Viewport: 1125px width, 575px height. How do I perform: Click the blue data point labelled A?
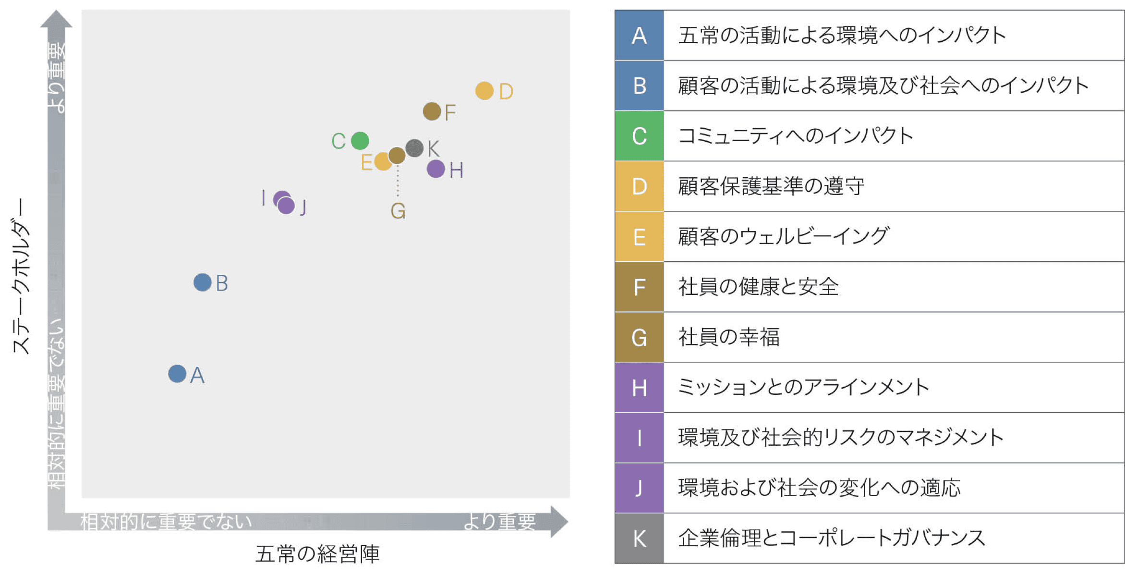coord(177,374)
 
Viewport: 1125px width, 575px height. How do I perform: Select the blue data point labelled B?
coord(203,282)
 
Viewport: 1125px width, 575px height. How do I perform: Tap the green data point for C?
coord(360,141)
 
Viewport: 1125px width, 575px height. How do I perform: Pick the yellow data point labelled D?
coord(484,90)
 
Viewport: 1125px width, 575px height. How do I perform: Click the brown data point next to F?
coord(432,111)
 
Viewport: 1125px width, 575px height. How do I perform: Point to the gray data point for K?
coord(414,148)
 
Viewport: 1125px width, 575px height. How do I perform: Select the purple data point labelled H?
coord(436,169)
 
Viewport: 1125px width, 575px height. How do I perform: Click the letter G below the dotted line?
coord(398,211)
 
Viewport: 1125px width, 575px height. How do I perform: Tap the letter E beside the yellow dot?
coord(366,162)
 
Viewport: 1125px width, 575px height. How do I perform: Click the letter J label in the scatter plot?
coord(303,207)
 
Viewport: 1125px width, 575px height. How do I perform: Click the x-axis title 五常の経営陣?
coord(317,554)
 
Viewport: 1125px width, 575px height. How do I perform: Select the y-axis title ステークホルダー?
coord(21,276)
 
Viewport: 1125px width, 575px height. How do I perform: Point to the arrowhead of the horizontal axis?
coord(559,522)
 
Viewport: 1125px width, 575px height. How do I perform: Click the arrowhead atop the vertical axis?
coord(56,19)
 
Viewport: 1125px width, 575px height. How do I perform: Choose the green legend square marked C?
coord(640,136)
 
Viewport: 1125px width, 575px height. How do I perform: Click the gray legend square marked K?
coord(640,538)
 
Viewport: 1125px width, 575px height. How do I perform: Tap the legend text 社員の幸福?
coord(729,337)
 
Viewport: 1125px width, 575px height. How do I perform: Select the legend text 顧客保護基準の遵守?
coord(771,186)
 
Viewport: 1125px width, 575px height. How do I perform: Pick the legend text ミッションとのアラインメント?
coord(804,387)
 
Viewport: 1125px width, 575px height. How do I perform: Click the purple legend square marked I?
coord(640,438)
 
